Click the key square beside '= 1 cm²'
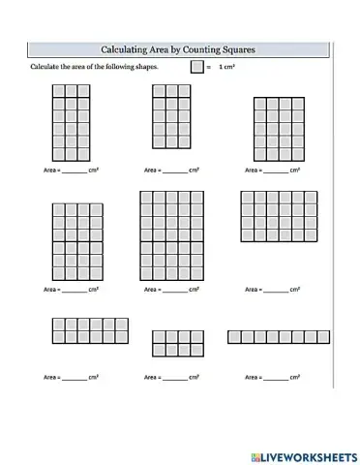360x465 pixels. tap(196, 67)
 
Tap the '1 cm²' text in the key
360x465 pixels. tap(227, 67)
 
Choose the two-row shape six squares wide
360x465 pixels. tap(77, 330)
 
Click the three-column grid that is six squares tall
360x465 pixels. tap(71, 122)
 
